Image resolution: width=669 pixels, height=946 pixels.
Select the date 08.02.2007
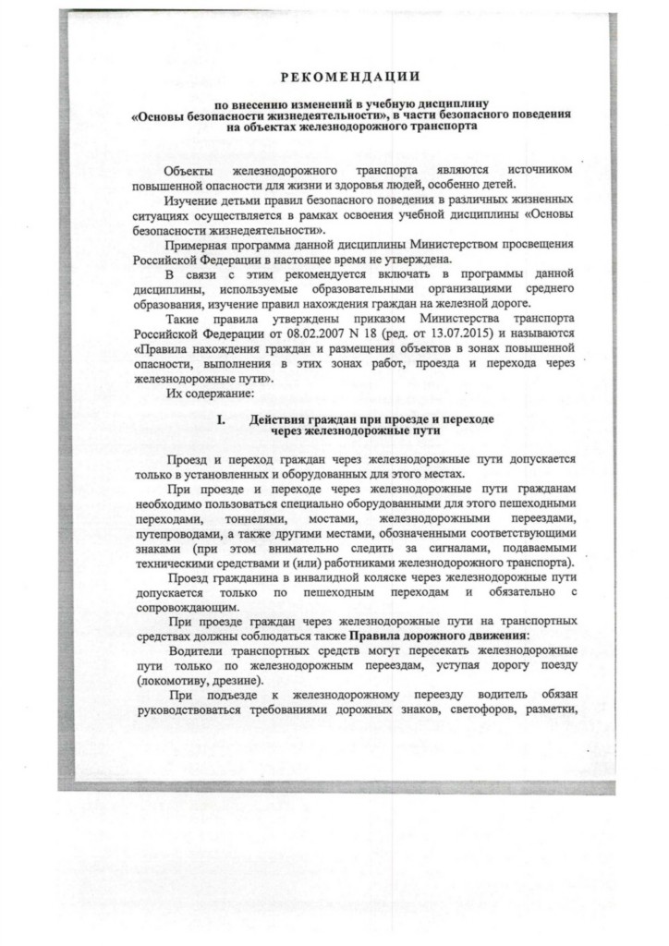pyautogui.click(x=314, y=331)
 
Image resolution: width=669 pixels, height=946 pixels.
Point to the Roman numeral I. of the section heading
pyautogui.click(x=221, y=419)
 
